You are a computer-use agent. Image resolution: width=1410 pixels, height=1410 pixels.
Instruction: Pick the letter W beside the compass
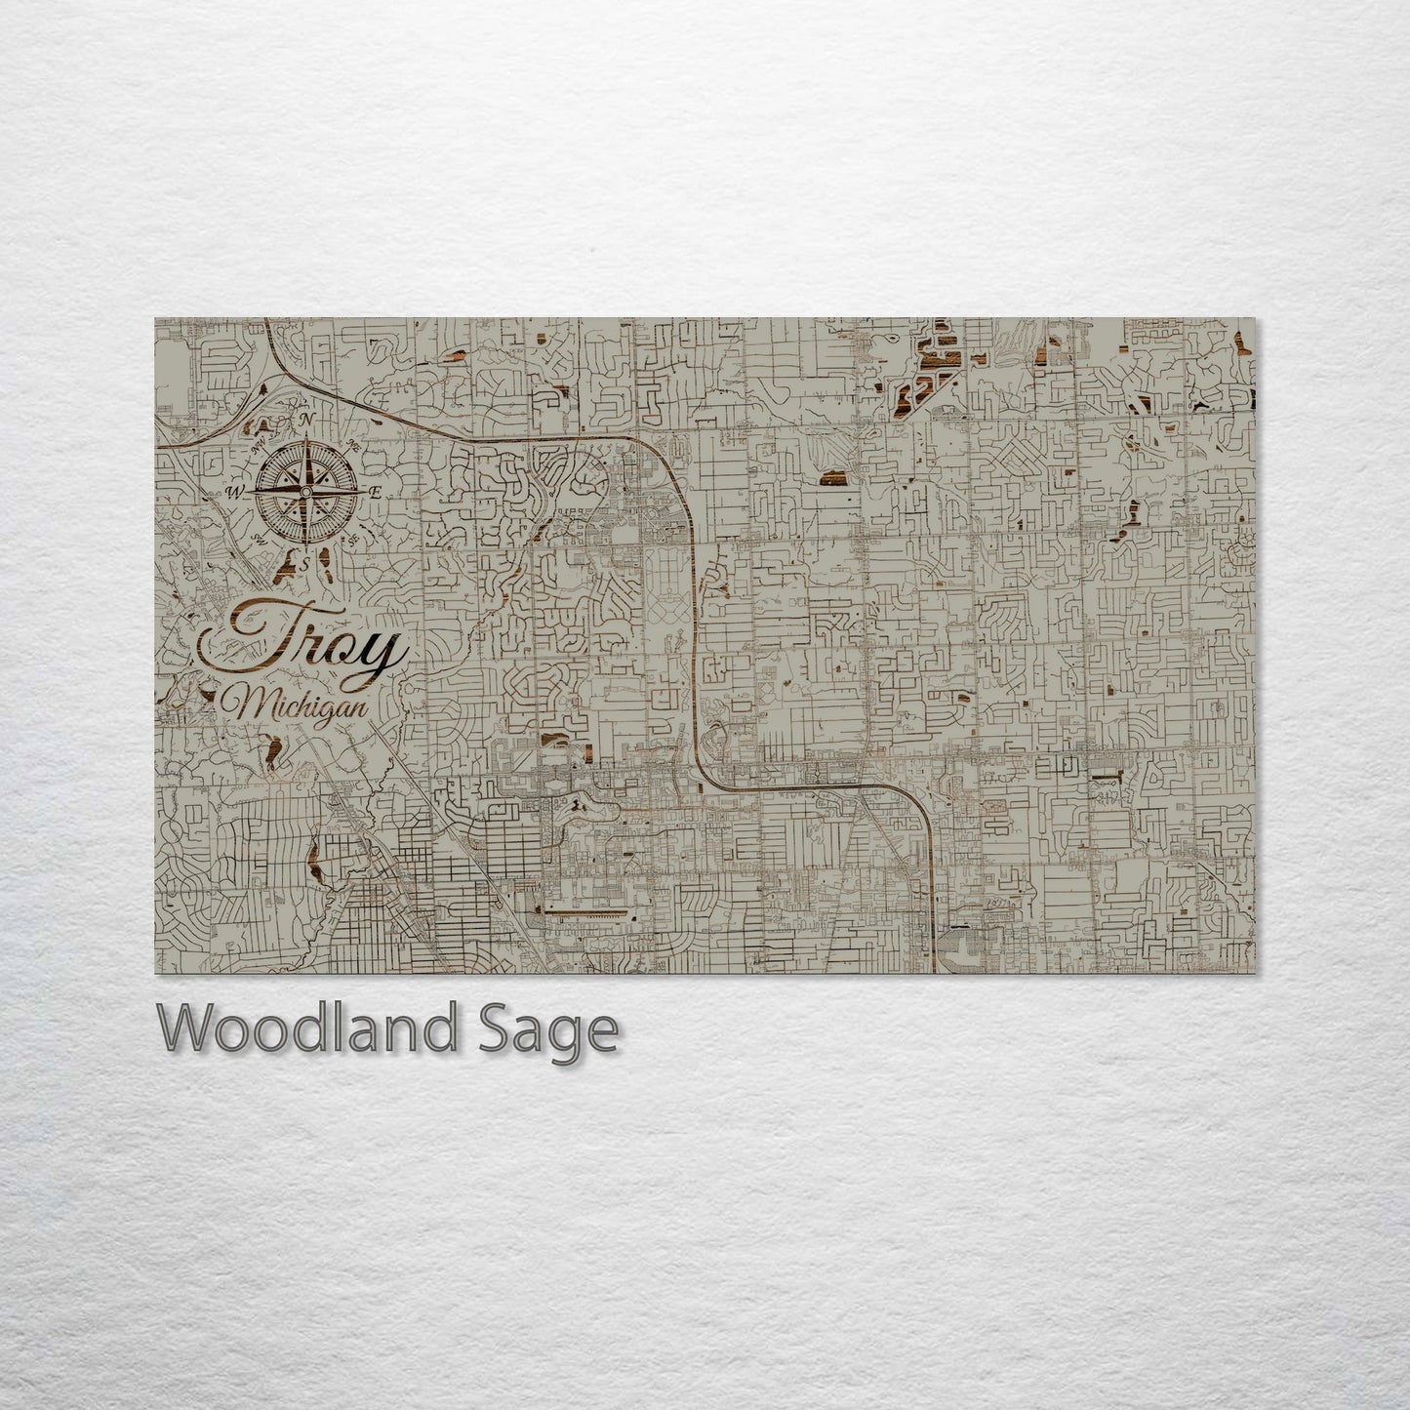tap(233, 492)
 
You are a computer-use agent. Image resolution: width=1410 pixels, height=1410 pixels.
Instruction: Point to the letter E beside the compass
tap(375, 493)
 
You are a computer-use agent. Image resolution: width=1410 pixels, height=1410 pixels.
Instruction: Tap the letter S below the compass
tap(303, 563)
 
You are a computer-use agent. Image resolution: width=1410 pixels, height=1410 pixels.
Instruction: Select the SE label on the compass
tap(351, 539)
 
